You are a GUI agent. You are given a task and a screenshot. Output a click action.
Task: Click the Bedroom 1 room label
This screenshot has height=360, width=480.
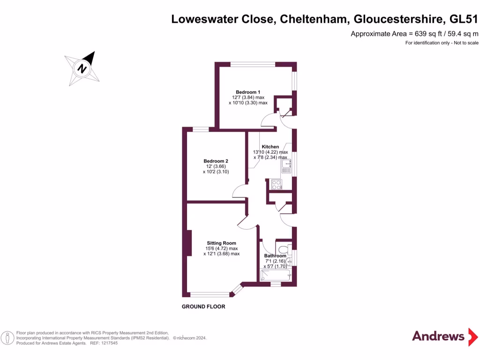[248, 92]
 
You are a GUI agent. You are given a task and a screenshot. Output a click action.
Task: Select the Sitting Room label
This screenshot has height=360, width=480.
[221, 243]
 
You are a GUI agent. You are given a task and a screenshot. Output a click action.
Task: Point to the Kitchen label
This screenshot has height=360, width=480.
[270, 147]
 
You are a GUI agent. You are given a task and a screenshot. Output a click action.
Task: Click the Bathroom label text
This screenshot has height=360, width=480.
[275, 256]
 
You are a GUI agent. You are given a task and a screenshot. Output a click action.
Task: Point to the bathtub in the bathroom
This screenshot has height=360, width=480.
[276, 275]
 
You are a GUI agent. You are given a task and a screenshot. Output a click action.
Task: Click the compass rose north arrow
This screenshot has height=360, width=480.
[83, 68]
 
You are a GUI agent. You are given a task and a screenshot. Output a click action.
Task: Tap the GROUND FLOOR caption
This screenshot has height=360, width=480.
[203, 307]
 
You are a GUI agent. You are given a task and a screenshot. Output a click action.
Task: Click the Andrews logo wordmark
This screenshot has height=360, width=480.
[438, 336]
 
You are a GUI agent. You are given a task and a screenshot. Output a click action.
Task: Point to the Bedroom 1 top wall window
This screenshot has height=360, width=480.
[252, 64]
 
